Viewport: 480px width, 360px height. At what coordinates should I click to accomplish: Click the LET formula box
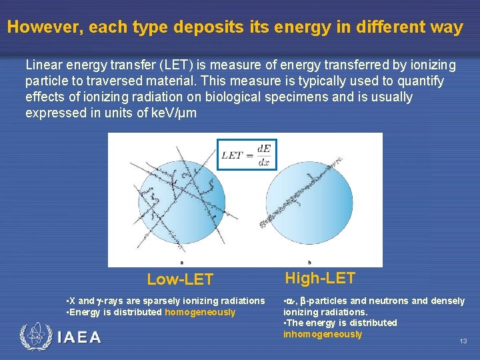click(247, 154)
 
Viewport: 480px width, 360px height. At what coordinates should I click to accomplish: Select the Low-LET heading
click(180, 279)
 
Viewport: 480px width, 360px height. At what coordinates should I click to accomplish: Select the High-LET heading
click(320, 278)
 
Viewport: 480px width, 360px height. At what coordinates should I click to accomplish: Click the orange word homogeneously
click(200, 312)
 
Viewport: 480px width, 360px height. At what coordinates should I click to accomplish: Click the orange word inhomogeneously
click(323, 334)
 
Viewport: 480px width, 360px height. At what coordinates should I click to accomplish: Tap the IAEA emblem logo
click(35, 337)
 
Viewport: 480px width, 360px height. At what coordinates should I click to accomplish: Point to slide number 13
click(463, 341)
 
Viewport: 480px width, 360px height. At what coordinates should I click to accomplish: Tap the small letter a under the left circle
click(182, 262)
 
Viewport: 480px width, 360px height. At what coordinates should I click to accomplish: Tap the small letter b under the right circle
click(309, 262)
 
